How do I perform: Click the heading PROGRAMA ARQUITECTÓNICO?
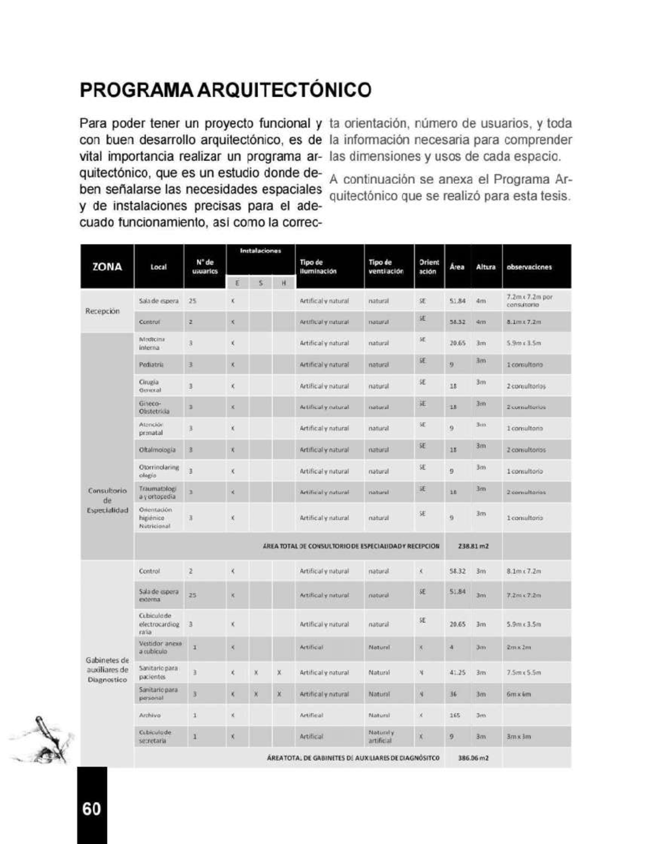225,90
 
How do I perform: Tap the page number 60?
92,809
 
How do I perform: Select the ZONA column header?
107,267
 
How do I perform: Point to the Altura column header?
486,267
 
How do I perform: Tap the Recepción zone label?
102,311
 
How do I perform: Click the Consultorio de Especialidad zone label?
108,500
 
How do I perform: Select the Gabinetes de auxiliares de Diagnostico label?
107,670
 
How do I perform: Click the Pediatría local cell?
152,364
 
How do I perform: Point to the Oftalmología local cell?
157,450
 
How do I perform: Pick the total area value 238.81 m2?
473,546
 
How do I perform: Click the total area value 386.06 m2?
473,758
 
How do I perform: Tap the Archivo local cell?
150,715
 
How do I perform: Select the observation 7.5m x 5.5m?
523,672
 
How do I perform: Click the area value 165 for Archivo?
455,715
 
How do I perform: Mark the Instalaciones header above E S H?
260,251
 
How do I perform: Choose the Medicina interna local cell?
152,343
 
